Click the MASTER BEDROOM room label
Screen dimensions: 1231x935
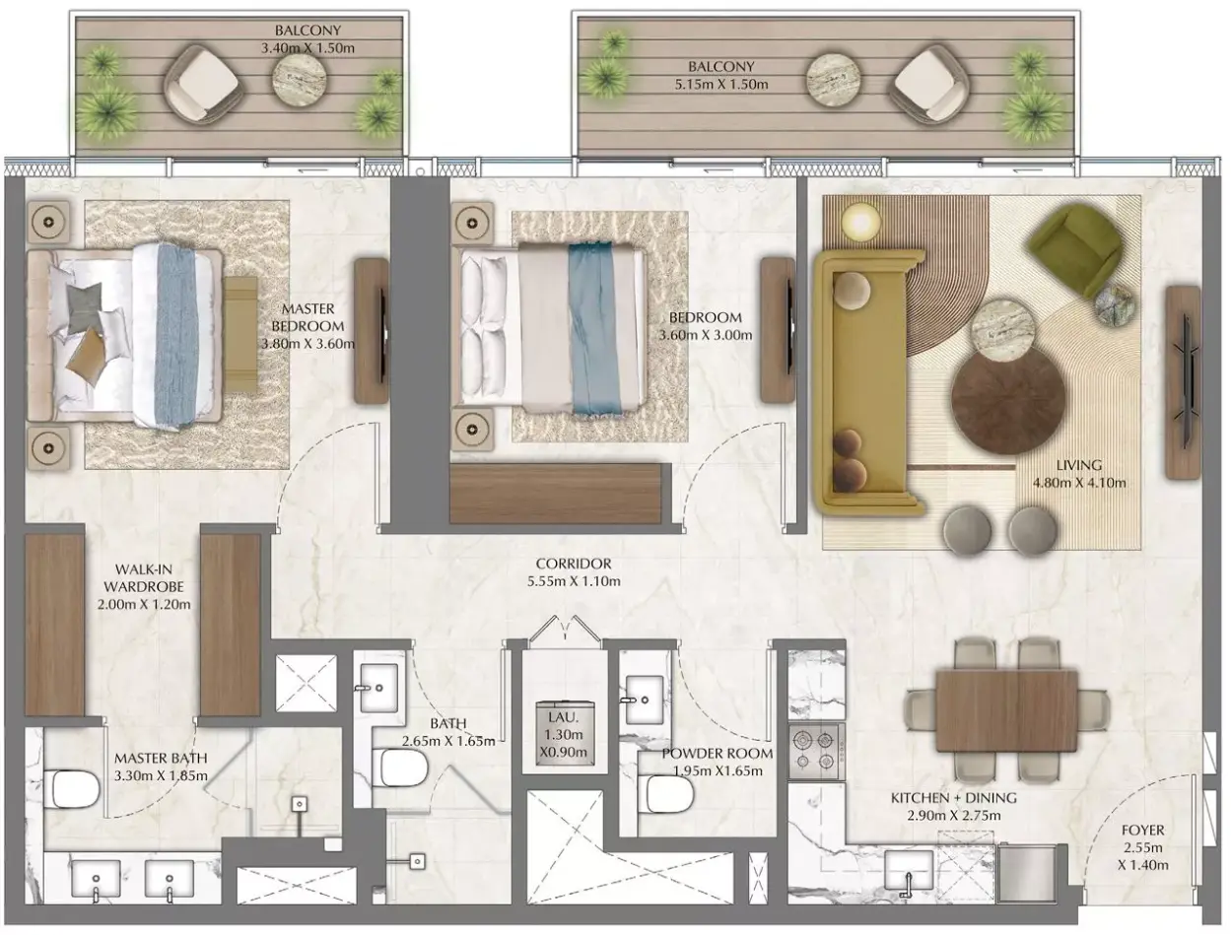click(x=308, y=317)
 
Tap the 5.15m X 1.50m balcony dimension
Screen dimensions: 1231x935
click(x=721, y=85)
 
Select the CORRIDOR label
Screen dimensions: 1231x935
click(x=574, y=564)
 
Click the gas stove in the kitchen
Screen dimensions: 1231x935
click(x=816, y=752)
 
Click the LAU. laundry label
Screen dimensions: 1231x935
click(x=563, y=717)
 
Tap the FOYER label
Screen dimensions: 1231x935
click(x=1142, y=830)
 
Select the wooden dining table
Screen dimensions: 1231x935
click(x=1006, y=711)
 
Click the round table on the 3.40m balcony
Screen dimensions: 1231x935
click(x=300, y=79)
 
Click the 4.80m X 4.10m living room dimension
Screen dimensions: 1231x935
click(x=1079, y=483)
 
